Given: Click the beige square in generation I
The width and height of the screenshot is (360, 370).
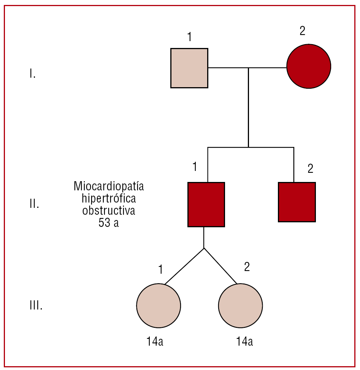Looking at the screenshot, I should (x=189, y=68).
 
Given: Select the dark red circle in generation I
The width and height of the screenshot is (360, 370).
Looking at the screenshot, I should (x=309, y=66).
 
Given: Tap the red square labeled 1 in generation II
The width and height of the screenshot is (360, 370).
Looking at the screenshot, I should (x=206, y=204).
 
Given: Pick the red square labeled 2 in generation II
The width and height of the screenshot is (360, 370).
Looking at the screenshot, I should (x=297, y=202).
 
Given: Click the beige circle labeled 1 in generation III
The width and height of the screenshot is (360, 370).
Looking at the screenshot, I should (x=158, y=305).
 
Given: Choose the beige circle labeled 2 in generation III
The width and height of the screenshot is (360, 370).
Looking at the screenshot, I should (x=240, y=305).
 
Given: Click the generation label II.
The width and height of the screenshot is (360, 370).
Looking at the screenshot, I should (x=34, y=204).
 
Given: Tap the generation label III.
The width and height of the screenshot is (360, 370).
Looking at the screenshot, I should (x=36, y=306).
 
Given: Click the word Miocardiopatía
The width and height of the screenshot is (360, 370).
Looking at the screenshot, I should (x=109, y=187).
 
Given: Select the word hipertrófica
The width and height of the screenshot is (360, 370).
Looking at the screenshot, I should (x=109, y=198).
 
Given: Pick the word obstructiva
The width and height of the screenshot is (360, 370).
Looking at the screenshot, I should (x=109, y=211).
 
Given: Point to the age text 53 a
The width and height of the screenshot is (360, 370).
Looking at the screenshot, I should (x=109, y=223).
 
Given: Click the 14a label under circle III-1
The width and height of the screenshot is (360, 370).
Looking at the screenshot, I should (x=155, y=342).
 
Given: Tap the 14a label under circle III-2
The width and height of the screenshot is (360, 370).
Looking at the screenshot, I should (x=244, y=342).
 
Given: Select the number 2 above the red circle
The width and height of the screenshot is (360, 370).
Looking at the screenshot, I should (x=302, y=31).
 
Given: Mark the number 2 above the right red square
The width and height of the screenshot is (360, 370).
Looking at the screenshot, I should (x=310, y=169).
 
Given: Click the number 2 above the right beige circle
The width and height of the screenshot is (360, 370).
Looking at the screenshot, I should (x=247, y=267).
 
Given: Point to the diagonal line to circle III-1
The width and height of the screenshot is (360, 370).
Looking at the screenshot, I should (x=184, y=266).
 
